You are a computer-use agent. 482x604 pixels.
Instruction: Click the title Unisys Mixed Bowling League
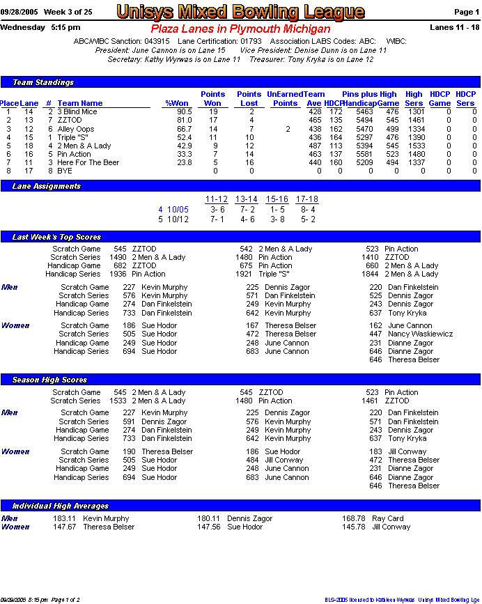point(240,12)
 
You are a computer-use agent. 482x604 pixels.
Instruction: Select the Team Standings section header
point(43,82)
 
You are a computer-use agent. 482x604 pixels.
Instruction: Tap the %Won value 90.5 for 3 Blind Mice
point(184,111)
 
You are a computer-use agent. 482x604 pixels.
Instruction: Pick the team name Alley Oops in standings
point(76,129)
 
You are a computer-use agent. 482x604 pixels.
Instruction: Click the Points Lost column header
point(249,99)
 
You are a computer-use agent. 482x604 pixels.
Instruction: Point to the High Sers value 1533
point(415,146)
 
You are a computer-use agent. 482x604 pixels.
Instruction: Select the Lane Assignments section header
point(47,186)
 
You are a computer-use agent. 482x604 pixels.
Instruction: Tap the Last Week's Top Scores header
point(56,238)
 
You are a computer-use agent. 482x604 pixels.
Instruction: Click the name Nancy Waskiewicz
point(420,334)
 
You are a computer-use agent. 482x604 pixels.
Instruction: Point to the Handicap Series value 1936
point(117,274)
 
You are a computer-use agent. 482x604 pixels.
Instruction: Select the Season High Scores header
point(49,380)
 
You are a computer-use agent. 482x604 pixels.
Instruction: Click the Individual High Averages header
point(61,506)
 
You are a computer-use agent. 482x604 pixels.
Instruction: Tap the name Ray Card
point(387,518)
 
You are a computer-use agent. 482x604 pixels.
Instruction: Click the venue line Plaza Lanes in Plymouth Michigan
point(240,29)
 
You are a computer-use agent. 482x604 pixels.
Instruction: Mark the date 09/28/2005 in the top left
point(19,12)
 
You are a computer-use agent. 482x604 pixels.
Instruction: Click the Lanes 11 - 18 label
point(456,27)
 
